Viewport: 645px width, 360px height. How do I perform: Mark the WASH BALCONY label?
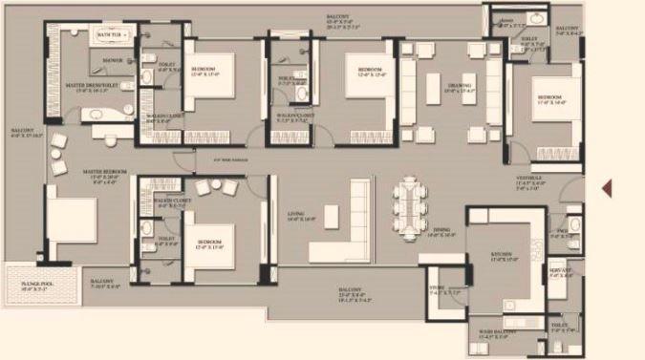point(498,332)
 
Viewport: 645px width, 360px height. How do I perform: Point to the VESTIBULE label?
point(530,178)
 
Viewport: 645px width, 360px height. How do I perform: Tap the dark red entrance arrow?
point(605,187)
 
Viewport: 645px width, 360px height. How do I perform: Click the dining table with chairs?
point(411,202)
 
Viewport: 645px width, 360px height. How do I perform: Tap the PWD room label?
point(563,230)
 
